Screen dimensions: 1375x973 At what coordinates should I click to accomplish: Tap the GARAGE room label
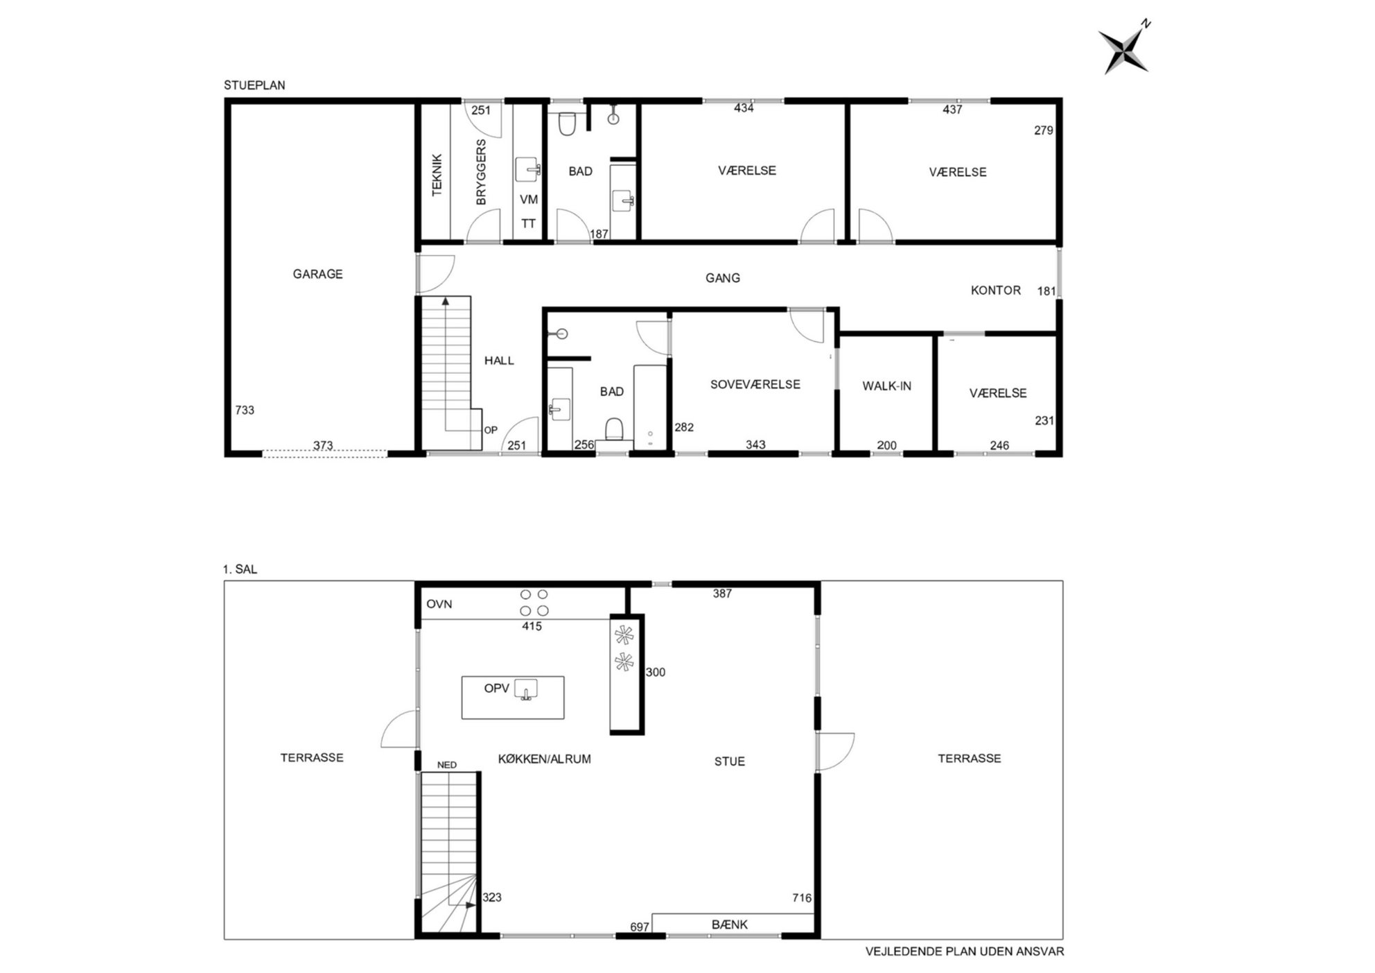(317, 274)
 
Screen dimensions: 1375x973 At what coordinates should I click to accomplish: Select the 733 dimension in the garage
(245, 410)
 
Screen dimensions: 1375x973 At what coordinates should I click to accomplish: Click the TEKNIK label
(437, 175)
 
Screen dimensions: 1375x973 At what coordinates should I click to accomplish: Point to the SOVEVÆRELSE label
(755, 384)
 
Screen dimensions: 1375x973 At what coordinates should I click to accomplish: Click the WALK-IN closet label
(886, 386)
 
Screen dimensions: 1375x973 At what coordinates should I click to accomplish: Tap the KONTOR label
(995, 291)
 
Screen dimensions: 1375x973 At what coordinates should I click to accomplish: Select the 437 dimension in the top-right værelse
(952, 110)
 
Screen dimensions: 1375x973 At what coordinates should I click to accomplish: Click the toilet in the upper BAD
(567, 123)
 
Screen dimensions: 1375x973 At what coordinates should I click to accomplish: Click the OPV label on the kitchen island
(496, 689)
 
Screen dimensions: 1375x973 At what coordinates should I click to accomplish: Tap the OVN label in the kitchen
(439, 604)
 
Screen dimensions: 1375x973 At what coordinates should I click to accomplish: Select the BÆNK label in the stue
(730, 924)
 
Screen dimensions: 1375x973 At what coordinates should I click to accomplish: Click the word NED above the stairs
(447, 765)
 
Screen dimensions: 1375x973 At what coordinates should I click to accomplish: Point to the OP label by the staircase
(491, 430)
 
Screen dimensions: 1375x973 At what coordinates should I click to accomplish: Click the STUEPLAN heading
(254, 85)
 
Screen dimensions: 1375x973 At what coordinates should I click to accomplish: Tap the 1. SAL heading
(240, 569)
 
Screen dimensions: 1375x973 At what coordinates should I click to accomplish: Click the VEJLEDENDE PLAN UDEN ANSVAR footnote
(965, 952)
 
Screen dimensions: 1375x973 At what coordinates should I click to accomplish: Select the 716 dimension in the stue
(802, 898)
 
